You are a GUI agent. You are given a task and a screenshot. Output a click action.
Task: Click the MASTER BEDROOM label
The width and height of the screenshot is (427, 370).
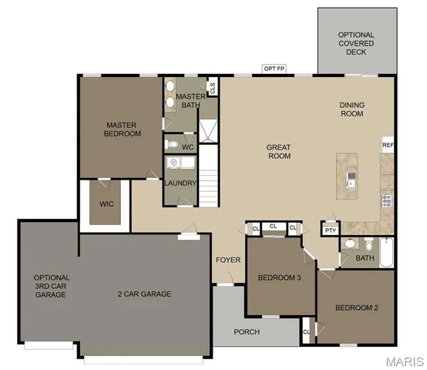pos(123,129)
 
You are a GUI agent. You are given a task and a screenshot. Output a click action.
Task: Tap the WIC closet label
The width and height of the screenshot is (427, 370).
pos(106,205)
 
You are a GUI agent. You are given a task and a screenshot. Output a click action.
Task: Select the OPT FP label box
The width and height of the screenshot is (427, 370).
pos(274,69)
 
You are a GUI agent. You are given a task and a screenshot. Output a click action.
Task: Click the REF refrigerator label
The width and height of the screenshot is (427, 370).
pos(388,144)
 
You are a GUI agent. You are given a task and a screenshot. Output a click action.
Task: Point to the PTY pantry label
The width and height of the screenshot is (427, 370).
pos(331,230)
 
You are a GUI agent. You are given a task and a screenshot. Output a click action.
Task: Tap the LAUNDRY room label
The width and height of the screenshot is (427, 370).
pos(181,183)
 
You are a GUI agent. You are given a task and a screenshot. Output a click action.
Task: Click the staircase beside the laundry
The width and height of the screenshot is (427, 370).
pos(210,177)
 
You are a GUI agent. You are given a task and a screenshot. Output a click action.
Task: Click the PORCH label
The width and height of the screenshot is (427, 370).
pos(247,332)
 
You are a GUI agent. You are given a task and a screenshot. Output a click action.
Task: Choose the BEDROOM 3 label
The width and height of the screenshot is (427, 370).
pos(279,277)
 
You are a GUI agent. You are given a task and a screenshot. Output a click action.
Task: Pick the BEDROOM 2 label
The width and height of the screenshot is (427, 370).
pos(356,308)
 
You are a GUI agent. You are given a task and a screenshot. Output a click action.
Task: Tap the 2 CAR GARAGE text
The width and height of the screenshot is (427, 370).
pos(144,294)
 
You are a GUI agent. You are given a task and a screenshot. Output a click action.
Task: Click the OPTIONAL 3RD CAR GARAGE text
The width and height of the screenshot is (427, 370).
pos(52,286)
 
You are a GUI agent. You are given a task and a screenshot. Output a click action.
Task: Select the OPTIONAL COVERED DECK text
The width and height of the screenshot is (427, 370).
pos(356,43)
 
